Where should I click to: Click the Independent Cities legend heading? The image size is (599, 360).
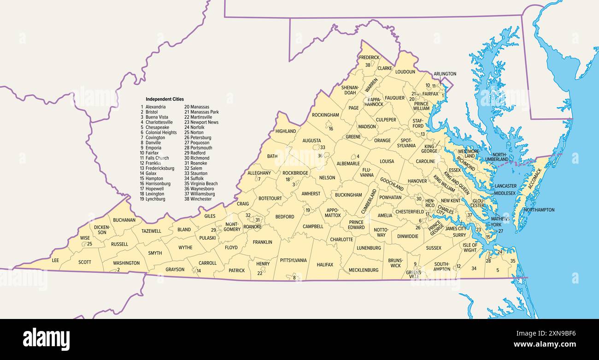tap(164, 99)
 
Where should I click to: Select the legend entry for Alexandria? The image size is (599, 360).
tap(155, 107)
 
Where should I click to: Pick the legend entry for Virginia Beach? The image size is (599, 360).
tap(204, 183)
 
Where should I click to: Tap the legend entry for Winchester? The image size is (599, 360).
tap(201, 199)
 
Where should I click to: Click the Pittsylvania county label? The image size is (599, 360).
tap(293, 260)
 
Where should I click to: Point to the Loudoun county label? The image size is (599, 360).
tap(405, 72)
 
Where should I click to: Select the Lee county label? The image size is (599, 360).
tap(55, 260)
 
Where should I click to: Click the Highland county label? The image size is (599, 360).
tap(286, 131)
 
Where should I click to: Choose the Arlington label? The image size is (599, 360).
tap(445, 74)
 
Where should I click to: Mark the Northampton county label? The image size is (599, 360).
tap(539, 210)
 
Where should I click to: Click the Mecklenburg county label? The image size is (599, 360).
tap(363, 270)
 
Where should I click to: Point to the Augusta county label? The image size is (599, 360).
tap(311, 141)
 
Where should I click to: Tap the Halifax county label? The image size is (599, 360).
tap(325, 265)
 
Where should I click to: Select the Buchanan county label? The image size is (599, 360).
tap(124, 220)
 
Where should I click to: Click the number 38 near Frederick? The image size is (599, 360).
tap(368, 65)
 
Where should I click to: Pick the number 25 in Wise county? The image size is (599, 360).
tap(90, 244)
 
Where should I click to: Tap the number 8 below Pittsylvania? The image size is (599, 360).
tap(294, 277)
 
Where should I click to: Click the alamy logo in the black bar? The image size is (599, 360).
tap(46, 339)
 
